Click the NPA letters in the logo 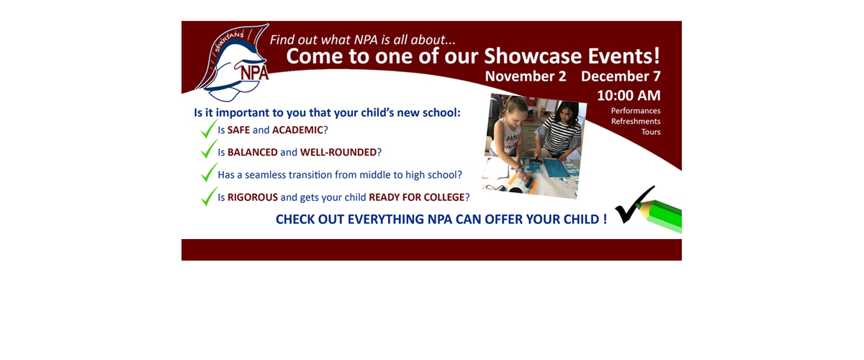point(254,72)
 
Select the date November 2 point(526,76)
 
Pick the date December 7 point(621,76)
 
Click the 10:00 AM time point(629,95)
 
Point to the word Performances point(636,111)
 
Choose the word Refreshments point(636,121)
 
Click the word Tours point(651,132)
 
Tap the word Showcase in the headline point(533,56)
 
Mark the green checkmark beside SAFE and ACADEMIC point(209,129)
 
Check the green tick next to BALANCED point(209,149)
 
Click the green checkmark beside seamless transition point(209,172)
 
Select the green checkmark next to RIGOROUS point(209,196)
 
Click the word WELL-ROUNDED point(338,153)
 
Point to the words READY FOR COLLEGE point(417,197)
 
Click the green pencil point(660,216)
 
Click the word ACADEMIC point(297,130)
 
